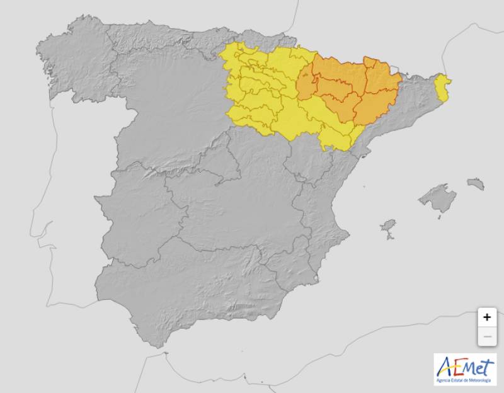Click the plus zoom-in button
(486, 317)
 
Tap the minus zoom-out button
(486, 336)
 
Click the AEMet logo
(465, 369)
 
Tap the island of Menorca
(476, 184)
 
